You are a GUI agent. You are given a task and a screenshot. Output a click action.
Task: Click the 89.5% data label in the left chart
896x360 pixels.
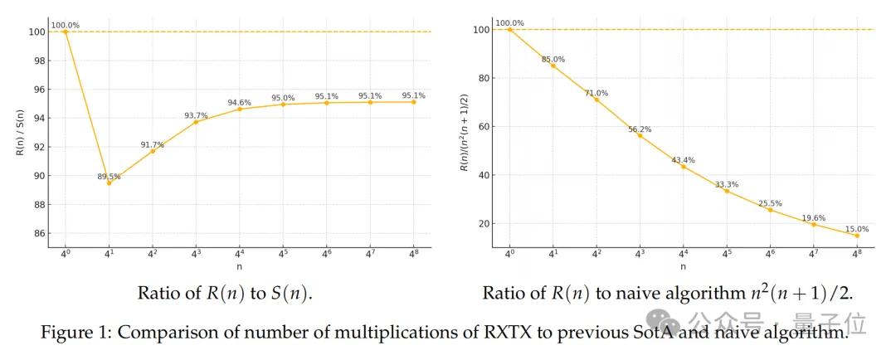pyautogui.click(x=109, y=176)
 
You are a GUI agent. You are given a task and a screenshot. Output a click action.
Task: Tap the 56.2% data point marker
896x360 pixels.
pyautogui.click(x=640, y=135)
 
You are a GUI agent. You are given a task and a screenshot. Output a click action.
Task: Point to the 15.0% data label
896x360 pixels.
pyautogui.click(x=857, y=229)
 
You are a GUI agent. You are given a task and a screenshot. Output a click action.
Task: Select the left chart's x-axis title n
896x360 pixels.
pyautogui.click(x=240, y=267)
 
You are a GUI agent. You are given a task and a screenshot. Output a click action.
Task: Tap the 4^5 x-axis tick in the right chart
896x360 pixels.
pyautogui.click(x=727, y=255)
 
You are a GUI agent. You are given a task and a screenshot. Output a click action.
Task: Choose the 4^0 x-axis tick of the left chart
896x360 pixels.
pyautogui.click(x=66, y=255)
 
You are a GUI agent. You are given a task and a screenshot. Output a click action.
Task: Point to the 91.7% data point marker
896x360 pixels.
pyautogui.click(x=153, y=151)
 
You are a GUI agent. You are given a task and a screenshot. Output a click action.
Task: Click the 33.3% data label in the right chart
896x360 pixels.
pyautogui.click(x=727, y=184)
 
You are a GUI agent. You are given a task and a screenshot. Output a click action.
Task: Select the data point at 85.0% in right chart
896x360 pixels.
pyautogui.click(x=553, y=66)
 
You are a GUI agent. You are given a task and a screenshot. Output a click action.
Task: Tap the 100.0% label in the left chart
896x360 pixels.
pyautogui.click(x=66, y=25)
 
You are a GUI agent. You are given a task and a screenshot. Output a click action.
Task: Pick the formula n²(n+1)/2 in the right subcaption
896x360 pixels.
pyautogui.click(x=796, y=293)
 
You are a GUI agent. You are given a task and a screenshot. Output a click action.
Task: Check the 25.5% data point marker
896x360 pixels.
pyautogui.click(x=770, y=210)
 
